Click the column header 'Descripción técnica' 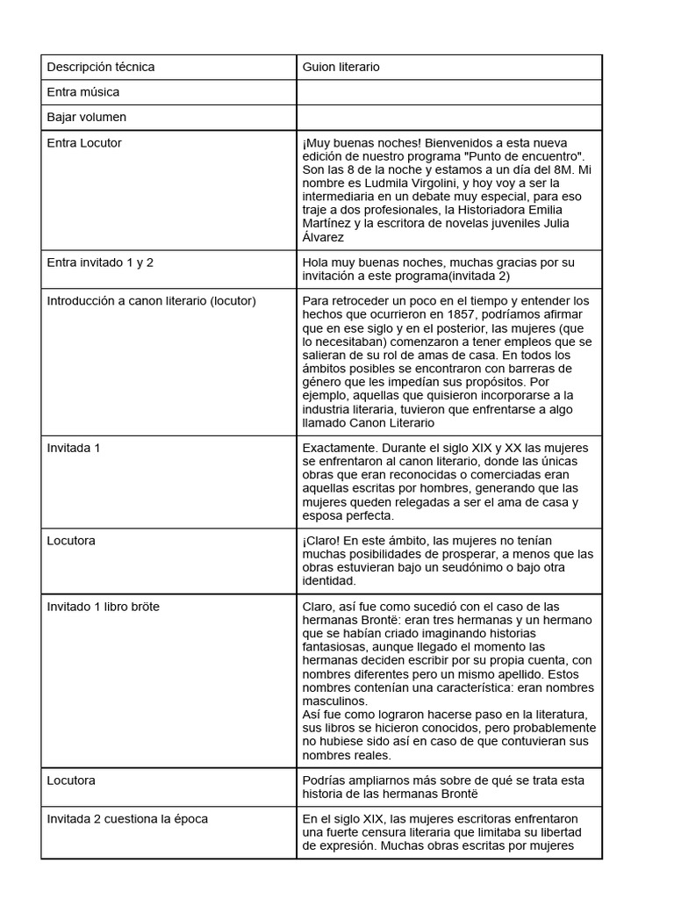(100, 67)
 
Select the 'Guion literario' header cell (341, 67)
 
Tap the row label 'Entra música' (82, 92)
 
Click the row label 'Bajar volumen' (86, 117)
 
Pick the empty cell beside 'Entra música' (448, 92)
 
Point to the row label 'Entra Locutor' (84, 142)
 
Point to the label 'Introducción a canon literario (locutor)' (151, 300)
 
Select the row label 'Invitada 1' (74, 448)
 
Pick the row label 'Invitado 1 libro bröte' (104, 607)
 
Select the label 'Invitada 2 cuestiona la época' (127, 819)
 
